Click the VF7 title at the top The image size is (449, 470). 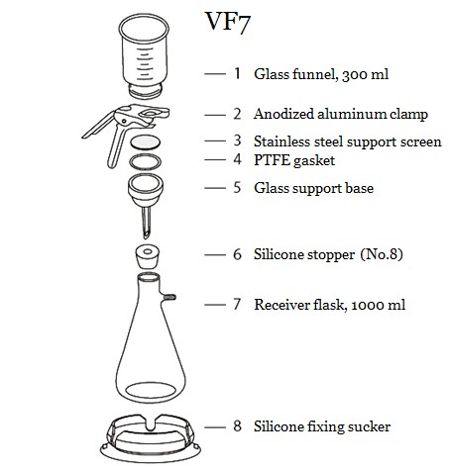coord(228,23)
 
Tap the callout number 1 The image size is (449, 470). coord(237,73)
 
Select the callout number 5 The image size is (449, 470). coord(237,187)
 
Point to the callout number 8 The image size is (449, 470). coord(237,425)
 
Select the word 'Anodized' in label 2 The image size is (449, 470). coord(283,114)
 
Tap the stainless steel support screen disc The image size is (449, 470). coord(146,142)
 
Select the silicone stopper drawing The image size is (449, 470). coord(147,256)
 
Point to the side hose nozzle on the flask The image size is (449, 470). coord(169,297)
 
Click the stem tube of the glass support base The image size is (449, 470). coord(146,222)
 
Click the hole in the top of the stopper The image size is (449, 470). coord(148,252)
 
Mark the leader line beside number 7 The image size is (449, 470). coord(215,305)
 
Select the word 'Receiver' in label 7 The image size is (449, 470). coord(281,305)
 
